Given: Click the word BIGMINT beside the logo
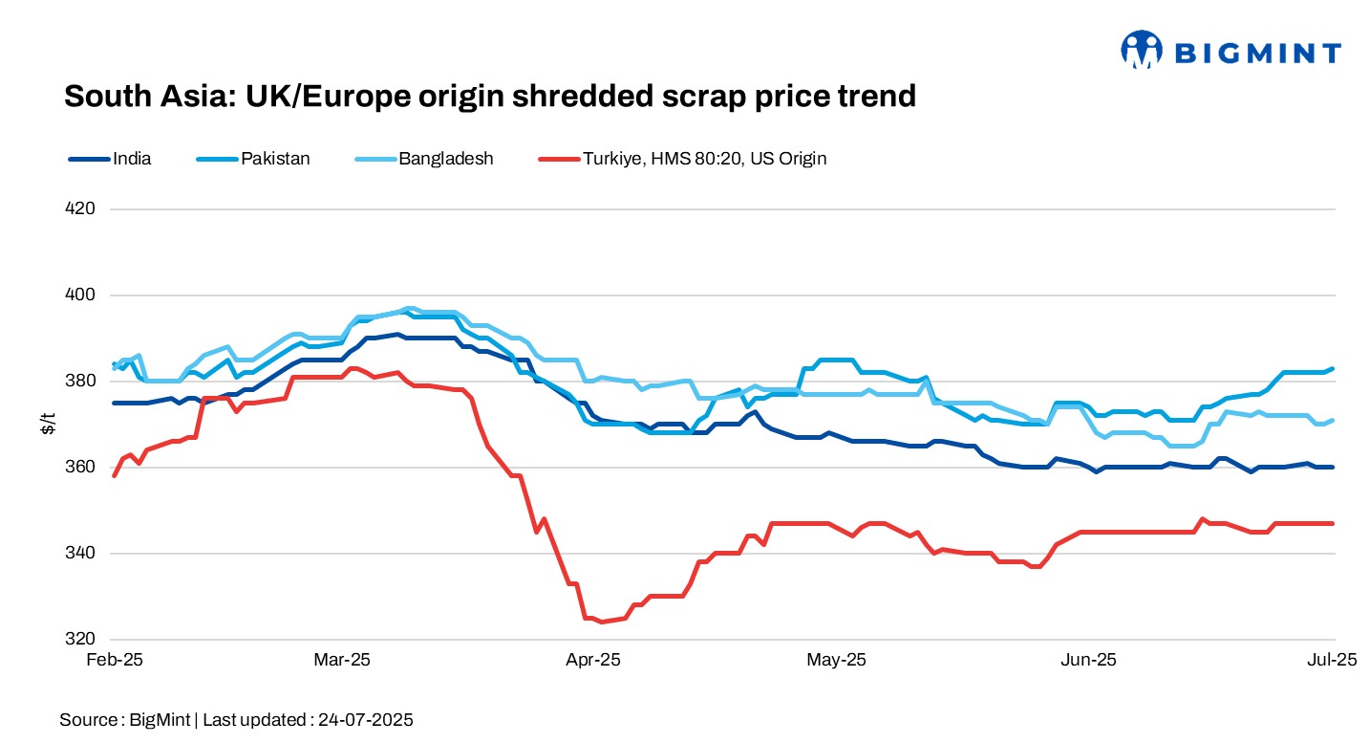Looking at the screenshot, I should tap(1256, 54).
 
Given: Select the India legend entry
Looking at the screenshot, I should tap(131, 159).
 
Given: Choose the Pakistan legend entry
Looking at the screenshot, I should tap(274, 159).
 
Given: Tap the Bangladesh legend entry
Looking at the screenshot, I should tap(445, 159).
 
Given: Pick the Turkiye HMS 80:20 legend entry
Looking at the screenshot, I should tap(703, 159).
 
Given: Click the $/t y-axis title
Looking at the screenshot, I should tap(48, 425).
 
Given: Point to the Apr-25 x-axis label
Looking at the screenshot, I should tap(593, 660).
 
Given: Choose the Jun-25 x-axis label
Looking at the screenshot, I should tap(1089, 660).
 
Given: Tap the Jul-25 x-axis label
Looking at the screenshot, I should tap(1333, 660).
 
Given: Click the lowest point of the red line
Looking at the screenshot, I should tap(601, 622).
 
